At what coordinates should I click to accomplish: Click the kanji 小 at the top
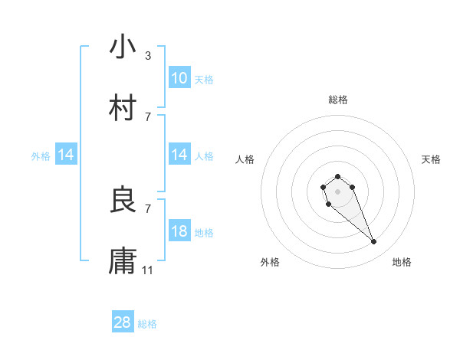tap(123, 47)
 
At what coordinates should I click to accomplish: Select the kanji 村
tap(123, 108)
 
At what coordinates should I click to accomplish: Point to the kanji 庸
tap(123, 261)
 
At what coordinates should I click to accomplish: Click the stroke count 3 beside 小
tap(148, 55)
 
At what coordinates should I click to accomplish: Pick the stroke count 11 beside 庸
tap(149, 270)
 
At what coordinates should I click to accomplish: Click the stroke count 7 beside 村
tap(148, 116)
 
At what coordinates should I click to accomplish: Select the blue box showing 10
tap(179, 78)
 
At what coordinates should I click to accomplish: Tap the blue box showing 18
tap(179, 231)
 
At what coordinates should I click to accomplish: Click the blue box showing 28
tap(123, 322)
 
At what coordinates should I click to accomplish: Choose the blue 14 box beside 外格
tap(66, 155)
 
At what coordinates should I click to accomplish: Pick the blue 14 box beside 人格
tap(179, 155)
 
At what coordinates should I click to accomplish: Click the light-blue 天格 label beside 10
tap(204, 79)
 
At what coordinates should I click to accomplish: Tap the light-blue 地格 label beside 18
tap(204, 232)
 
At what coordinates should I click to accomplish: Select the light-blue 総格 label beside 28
tap(147, 324)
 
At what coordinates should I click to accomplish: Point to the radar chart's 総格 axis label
tap(338, 100)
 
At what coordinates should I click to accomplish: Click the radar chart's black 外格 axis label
tap(270, 262)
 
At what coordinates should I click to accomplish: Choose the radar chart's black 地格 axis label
tap(402, 262)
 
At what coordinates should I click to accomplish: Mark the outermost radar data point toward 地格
tap(374, 242)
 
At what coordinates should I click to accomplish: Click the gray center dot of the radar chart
tap(337, 191)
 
